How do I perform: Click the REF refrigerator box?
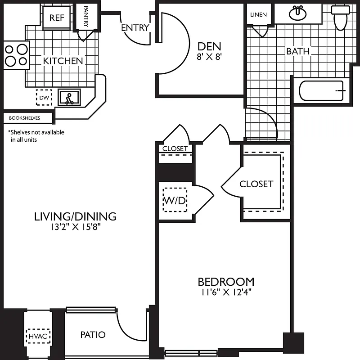tap(56, 18)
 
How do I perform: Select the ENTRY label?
tap(135, 28)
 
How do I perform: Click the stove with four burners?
tap(16, 54)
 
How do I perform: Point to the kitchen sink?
tap(69, 97)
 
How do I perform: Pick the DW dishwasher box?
tap(44, 97)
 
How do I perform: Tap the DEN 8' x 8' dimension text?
tap(210, 58)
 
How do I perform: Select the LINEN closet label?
tap(258, 15)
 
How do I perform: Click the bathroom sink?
tap(298, 13)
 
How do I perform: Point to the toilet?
tap(340, 17)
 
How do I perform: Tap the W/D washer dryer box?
tap(174, 201)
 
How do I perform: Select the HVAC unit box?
tap(38, 336)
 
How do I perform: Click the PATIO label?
tap(93, 335)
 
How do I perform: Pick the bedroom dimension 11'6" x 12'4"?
tap(226, 292)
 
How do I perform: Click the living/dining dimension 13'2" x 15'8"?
tap(75, 227)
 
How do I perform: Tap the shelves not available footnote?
tap(36, 136)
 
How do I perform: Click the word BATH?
tap(298, 51)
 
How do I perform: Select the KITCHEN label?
tap(63, 61)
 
